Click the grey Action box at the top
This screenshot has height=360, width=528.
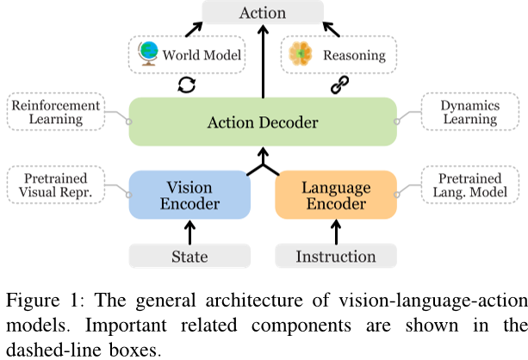[x=262, y=14]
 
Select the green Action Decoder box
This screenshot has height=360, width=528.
[x=262, y=121]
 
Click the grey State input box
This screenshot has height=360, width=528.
[x=189, y=256]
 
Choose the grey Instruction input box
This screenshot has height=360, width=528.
[x=335, y=256]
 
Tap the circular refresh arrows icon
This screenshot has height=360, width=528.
[x=186, y=85]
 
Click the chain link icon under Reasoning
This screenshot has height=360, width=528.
[x=338, y=85]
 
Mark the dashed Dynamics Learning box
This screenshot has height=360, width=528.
[x=469, y=111]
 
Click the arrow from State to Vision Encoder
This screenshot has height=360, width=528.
[x=189, y=229]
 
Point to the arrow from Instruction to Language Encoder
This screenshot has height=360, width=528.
[x=335, y=229]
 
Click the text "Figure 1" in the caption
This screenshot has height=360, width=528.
[x=35, y=300]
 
